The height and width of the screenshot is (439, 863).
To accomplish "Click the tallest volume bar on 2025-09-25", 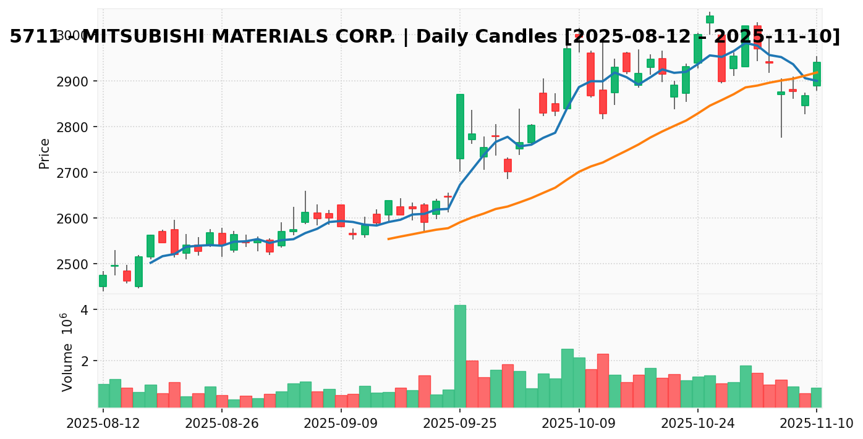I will click(x=460, y=356).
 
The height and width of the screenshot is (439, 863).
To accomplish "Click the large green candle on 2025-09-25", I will click(x=460, y=127).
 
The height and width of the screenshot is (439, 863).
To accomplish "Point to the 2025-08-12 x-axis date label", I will click(x=103, y=423).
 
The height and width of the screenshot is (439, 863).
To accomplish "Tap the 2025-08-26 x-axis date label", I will click(x=222, y=423).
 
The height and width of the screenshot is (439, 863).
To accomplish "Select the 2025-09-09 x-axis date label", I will click(x=341, y=423).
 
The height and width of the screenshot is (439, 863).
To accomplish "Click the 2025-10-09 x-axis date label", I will click(x=579, y=423).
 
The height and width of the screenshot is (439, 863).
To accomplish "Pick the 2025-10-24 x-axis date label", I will click(x=698, y=423).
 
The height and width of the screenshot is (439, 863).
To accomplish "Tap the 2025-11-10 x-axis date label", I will click(x=816, y=423).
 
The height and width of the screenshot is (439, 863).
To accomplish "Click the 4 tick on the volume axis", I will click(x=83, y=310).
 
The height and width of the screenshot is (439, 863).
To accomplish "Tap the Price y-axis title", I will click(x=45, y=153).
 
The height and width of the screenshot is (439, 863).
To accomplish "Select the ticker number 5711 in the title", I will click(x=34, y=37).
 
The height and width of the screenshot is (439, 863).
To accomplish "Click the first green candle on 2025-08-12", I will click(x=103, y=281).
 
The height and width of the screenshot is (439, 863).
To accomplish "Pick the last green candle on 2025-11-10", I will click(x=817, y=73).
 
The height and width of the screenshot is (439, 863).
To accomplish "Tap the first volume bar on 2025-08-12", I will click(x=103, y=395).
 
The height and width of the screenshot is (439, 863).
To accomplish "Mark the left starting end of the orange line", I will click(x=388, y=238).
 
